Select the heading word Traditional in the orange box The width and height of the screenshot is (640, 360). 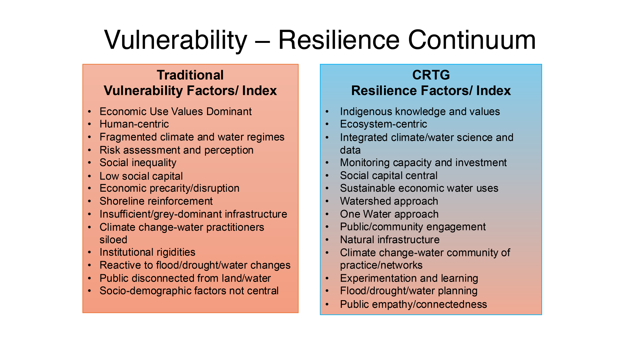pos(190,75)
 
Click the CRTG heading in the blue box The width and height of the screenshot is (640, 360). pos(431,75)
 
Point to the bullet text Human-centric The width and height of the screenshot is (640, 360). pos(134,124)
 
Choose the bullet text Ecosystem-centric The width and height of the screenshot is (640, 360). pos(383,124)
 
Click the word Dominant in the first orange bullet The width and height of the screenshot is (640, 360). pos(229,111)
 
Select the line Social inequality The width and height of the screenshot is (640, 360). pos(138,163)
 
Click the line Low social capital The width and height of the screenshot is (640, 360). pos(141,176)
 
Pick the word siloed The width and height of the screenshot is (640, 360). pos(113,240)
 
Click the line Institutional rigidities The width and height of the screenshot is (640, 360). pos(147,252)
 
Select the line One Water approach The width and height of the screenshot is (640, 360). pos(389,214)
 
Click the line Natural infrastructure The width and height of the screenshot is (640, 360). pos(390,240)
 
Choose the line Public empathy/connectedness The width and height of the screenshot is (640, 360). pos(413,304)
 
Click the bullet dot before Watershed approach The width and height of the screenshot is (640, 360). pos(327,202)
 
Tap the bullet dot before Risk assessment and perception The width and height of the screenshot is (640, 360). pos(90,150)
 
